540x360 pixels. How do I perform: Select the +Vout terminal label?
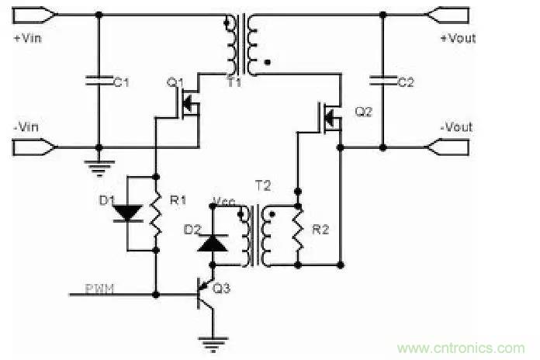click(x=458, y=38)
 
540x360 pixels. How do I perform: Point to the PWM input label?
click(x=102, y=289)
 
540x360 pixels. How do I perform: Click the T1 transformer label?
click(x=234, y=82)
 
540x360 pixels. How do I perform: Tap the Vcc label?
click(x=223, y=203)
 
